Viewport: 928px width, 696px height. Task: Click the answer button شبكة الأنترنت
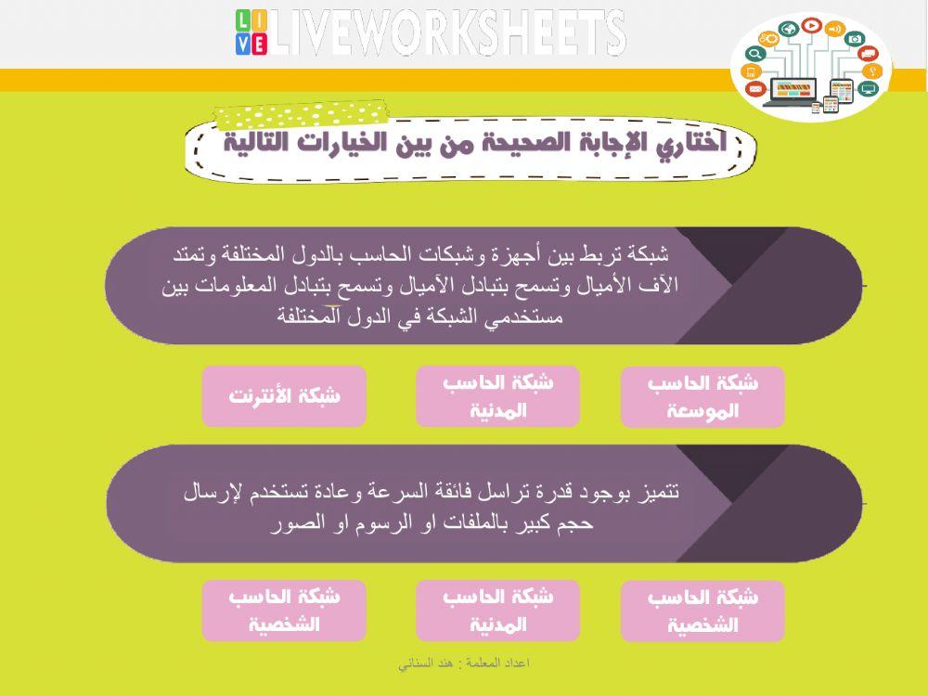284,396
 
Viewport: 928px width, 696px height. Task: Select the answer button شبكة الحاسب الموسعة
702,397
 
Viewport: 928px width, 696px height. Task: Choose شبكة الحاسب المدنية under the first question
497,396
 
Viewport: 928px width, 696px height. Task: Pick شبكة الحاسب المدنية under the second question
497,611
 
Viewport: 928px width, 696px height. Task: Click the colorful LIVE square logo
251,33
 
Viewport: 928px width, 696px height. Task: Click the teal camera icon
855,39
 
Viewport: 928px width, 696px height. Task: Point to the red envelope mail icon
754,89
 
